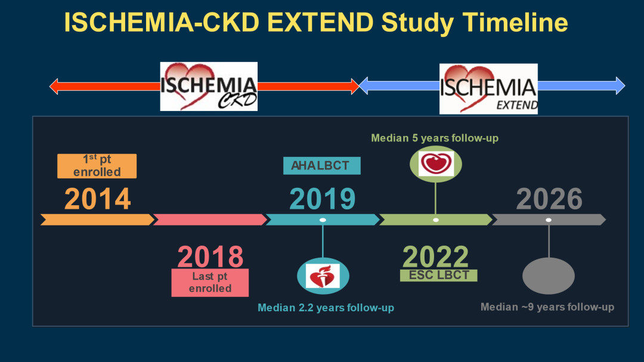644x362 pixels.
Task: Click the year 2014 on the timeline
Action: pyautogui.click(x=97, y=199)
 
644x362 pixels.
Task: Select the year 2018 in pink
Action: pyautogui.click(x=210, y=256)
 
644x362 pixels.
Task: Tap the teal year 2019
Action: pyautogui.click(x=323, y=199)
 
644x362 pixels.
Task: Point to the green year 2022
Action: pyautogui.click(x=435, y=256)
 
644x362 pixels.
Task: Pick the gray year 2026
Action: pyautogui.click(x=549, y=199)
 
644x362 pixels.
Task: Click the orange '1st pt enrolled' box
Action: pyautogui.click(x=97, y=166)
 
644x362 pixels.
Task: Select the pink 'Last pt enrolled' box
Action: pyautogui.click(x=210, y=283)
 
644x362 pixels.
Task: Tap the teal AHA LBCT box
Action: pyautogui.click(x=322, y=166)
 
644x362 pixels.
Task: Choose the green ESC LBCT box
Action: pyautogui.click(x=439, y=276)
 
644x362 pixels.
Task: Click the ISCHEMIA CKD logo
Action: pyautogui.click(x=209, y=86)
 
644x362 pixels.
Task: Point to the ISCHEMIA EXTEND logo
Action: pyautogui.click(x=488, y=89)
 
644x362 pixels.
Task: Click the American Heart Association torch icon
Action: pyautogui.click(x=323, y=276)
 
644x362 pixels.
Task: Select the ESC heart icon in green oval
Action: pyautogui.click(x=436, y=163)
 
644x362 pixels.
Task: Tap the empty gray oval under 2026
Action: pyautogui.click(x=549, y=276)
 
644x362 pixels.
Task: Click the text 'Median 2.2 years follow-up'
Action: pyautogui.click(x=326, y=308)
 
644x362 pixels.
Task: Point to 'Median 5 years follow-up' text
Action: pyautogui.click(x=435, y=138)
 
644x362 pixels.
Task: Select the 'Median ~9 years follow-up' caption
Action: pyautogui.click(x=547, y=307)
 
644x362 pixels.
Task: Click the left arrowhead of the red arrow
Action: pyautogui.click(x=54, y=86)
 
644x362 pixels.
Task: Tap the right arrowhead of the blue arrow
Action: pyautogui.click(x=621, y=86)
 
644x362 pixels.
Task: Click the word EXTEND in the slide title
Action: pyautogui.click(x=320, y=22)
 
